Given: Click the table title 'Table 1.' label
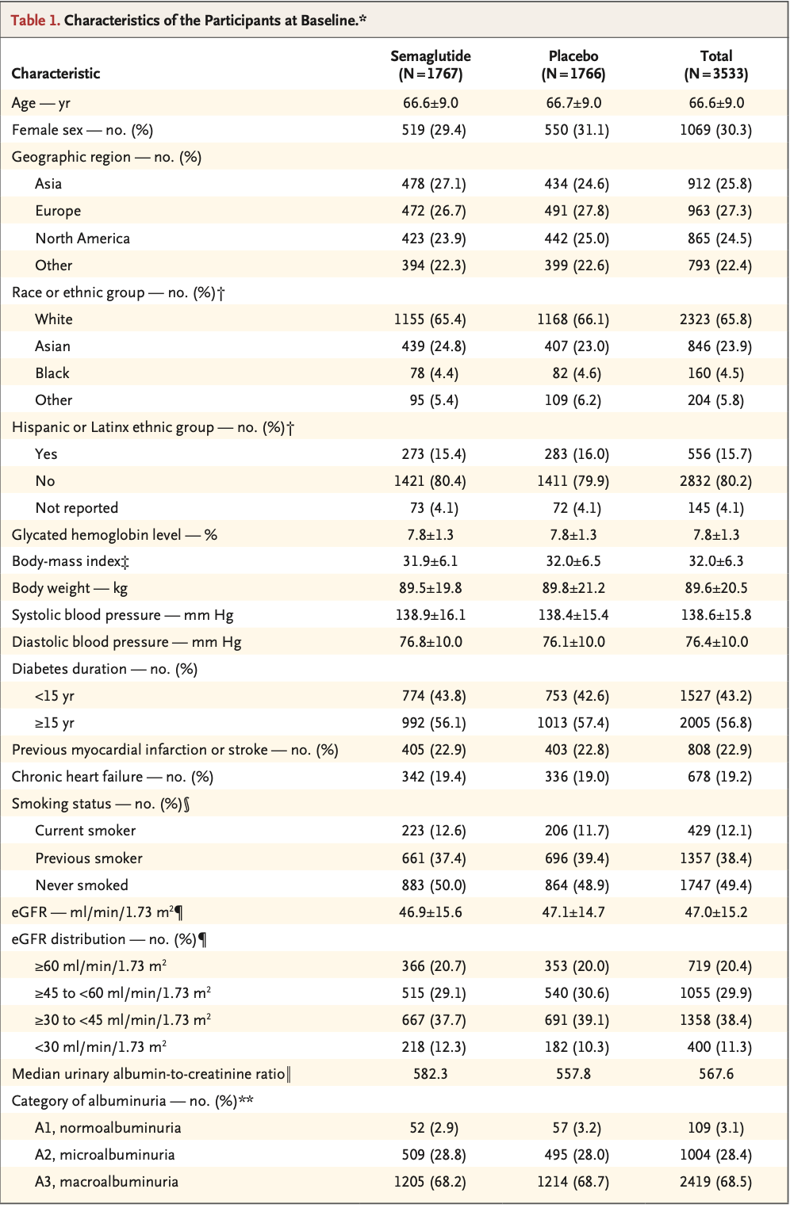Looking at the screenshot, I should click(36, 21).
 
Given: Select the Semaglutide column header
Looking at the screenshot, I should click(430, 65).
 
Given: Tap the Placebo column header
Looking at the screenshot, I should click(573, 65).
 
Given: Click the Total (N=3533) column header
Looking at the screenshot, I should click(715, 65).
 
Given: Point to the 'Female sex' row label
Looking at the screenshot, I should click(82, 130).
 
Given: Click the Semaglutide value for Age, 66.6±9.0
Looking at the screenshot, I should click(430, 103).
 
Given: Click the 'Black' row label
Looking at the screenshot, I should click(52, 373).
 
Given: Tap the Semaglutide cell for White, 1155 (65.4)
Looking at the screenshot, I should click(430, 319).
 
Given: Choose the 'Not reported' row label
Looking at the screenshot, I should click(76, 507).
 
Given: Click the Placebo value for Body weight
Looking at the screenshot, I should click(573, 587).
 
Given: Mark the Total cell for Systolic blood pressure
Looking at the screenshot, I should click(716, 614).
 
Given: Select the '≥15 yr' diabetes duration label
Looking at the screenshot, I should click(55, 722).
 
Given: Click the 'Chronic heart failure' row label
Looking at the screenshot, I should click(112, 776).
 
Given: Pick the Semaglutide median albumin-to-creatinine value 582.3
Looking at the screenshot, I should click(430, 1073).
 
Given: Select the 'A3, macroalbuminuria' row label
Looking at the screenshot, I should click(106, 1181).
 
